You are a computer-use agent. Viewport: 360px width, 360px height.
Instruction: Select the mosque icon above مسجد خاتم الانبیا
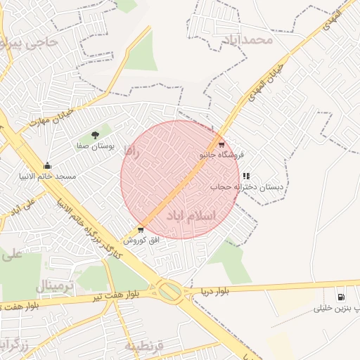tap(47, 167)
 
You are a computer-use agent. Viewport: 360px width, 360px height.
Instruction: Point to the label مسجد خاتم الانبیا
tap(46, 178)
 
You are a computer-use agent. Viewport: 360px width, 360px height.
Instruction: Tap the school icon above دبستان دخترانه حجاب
tap(246, 176)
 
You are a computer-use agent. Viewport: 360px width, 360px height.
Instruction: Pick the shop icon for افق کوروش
tap(141, 230)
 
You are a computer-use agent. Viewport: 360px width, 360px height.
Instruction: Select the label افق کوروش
tap(143, 240)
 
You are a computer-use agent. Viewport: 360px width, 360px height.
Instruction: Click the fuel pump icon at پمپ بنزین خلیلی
tap(342, 297)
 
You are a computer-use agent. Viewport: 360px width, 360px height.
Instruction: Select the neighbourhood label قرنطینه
tap(145, 346)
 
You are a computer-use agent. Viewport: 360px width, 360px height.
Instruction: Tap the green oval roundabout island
tap(169, 290)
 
